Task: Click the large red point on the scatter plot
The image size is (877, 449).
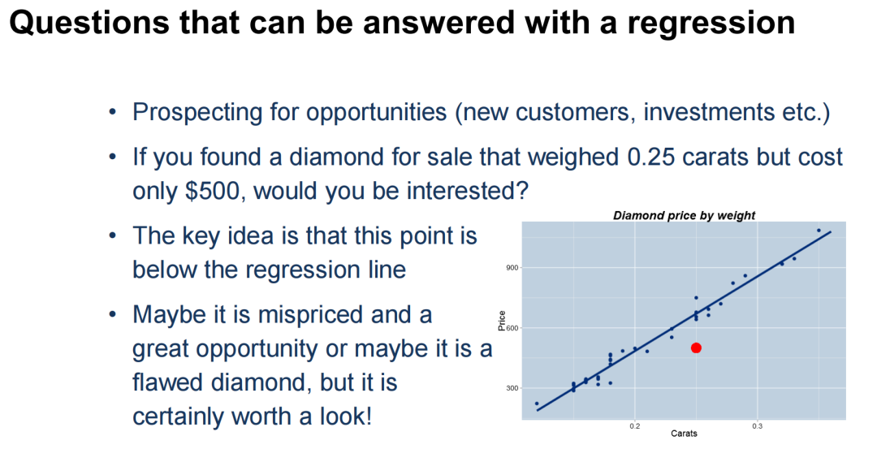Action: pos(696,348)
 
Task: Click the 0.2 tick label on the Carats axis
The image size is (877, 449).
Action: pos(635,426)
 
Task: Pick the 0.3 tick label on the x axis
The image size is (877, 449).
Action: pos(757,426)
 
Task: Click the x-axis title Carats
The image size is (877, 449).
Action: pos(684,434)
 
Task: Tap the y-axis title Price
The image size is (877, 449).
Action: pos(502,320)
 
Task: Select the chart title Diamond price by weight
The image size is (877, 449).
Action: pos(684,215)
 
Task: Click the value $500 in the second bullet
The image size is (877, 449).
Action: pos(214,192)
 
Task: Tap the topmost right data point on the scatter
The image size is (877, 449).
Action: pos(819,230)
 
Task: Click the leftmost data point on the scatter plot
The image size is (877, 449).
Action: pos(537,404)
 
